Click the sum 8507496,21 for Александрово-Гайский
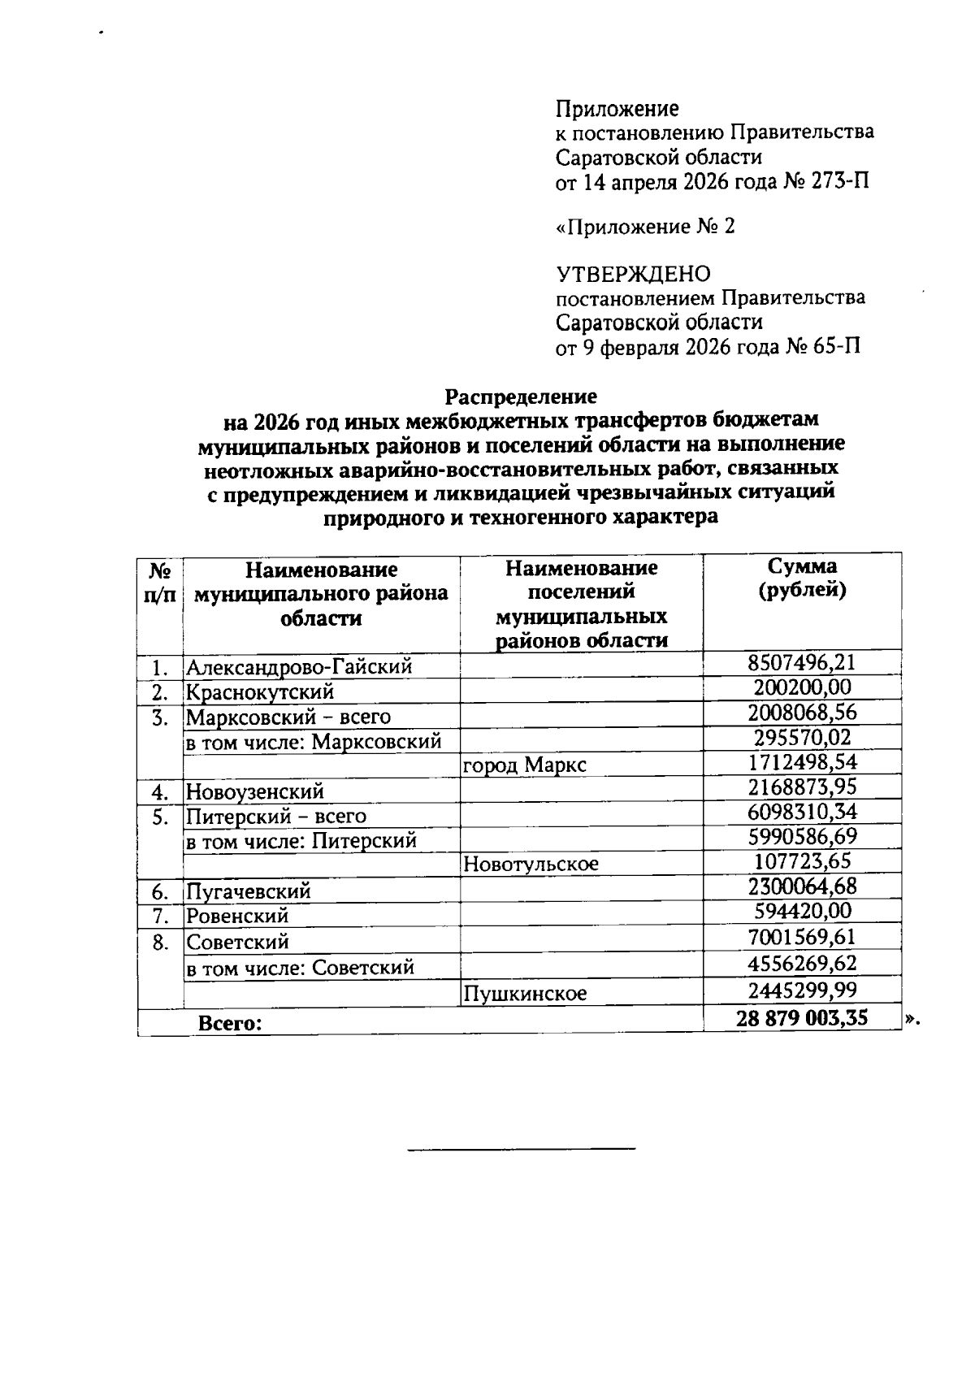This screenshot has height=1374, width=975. (801, 662)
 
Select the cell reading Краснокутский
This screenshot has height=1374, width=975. (260, 692)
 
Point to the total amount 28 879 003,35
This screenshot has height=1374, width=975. (802, 1018)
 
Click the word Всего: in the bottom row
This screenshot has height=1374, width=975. (231, 1024)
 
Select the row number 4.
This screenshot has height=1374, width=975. (160, 791)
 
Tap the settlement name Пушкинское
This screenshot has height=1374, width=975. (525, 994)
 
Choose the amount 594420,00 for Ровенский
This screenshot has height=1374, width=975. (802, 911)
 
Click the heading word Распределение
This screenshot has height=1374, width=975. (520, 397)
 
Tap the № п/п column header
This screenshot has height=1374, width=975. (160, 583)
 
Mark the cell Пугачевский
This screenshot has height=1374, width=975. (249, 891)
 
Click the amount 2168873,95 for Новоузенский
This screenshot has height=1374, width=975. (802, 787)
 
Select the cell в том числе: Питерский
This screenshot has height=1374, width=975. (301, 841)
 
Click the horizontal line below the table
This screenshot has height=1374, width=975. (521, 1149)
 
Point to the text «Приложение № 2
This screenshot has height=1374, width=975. (645, 227)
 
